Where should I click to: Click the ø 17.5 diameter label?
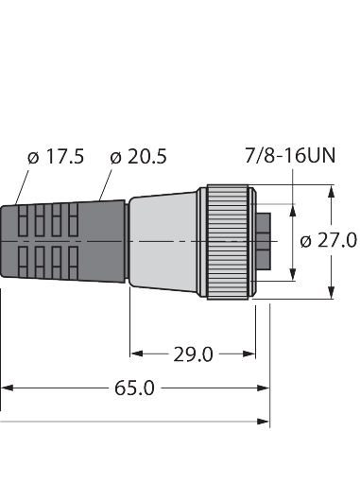(x=56, y=157)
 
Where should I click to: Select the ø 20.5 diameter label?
(x=138, y=157)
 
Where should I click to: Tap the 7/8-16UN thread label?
(x=290, y=155)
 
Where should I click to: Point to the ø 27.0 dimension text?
(x=329, y=241)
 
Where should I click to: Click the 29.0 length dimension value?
(x=193, y=354)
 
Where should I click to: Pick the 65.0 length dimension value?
(x=134, y=388)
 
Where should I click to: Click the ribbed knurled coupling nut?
(x=228, y=242)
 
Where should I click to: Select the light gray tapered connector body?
(x=163, y=242)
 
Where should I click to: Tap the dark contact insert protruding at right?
(x=264, y=241)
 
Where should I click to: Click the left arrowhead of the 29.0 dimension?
(x=136, y=354)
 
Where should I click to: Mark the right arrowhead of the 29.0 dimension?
(x=249, y=354)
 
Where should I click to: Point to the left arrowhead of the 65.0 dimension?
(x=7, y=388)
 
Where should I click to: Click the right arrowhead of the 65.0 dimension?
(x=264, y=388)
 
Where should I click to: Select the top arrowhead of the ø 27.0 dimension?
(x=331, y=192)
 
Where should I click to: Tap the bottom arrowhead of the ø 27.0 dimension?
(x=331, y=292)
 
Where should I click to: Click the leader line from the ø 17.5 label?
(x=22, y=187)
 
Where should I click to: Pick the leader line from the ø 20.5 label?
(x=106, y=185)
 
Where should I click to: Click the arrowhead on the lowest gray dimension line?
(x=264, y=422)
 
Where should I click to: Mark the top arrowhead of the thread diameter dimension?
(x=293, y=211)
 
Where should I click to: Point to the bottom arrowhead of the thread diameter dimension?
(x=293, y=273)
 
